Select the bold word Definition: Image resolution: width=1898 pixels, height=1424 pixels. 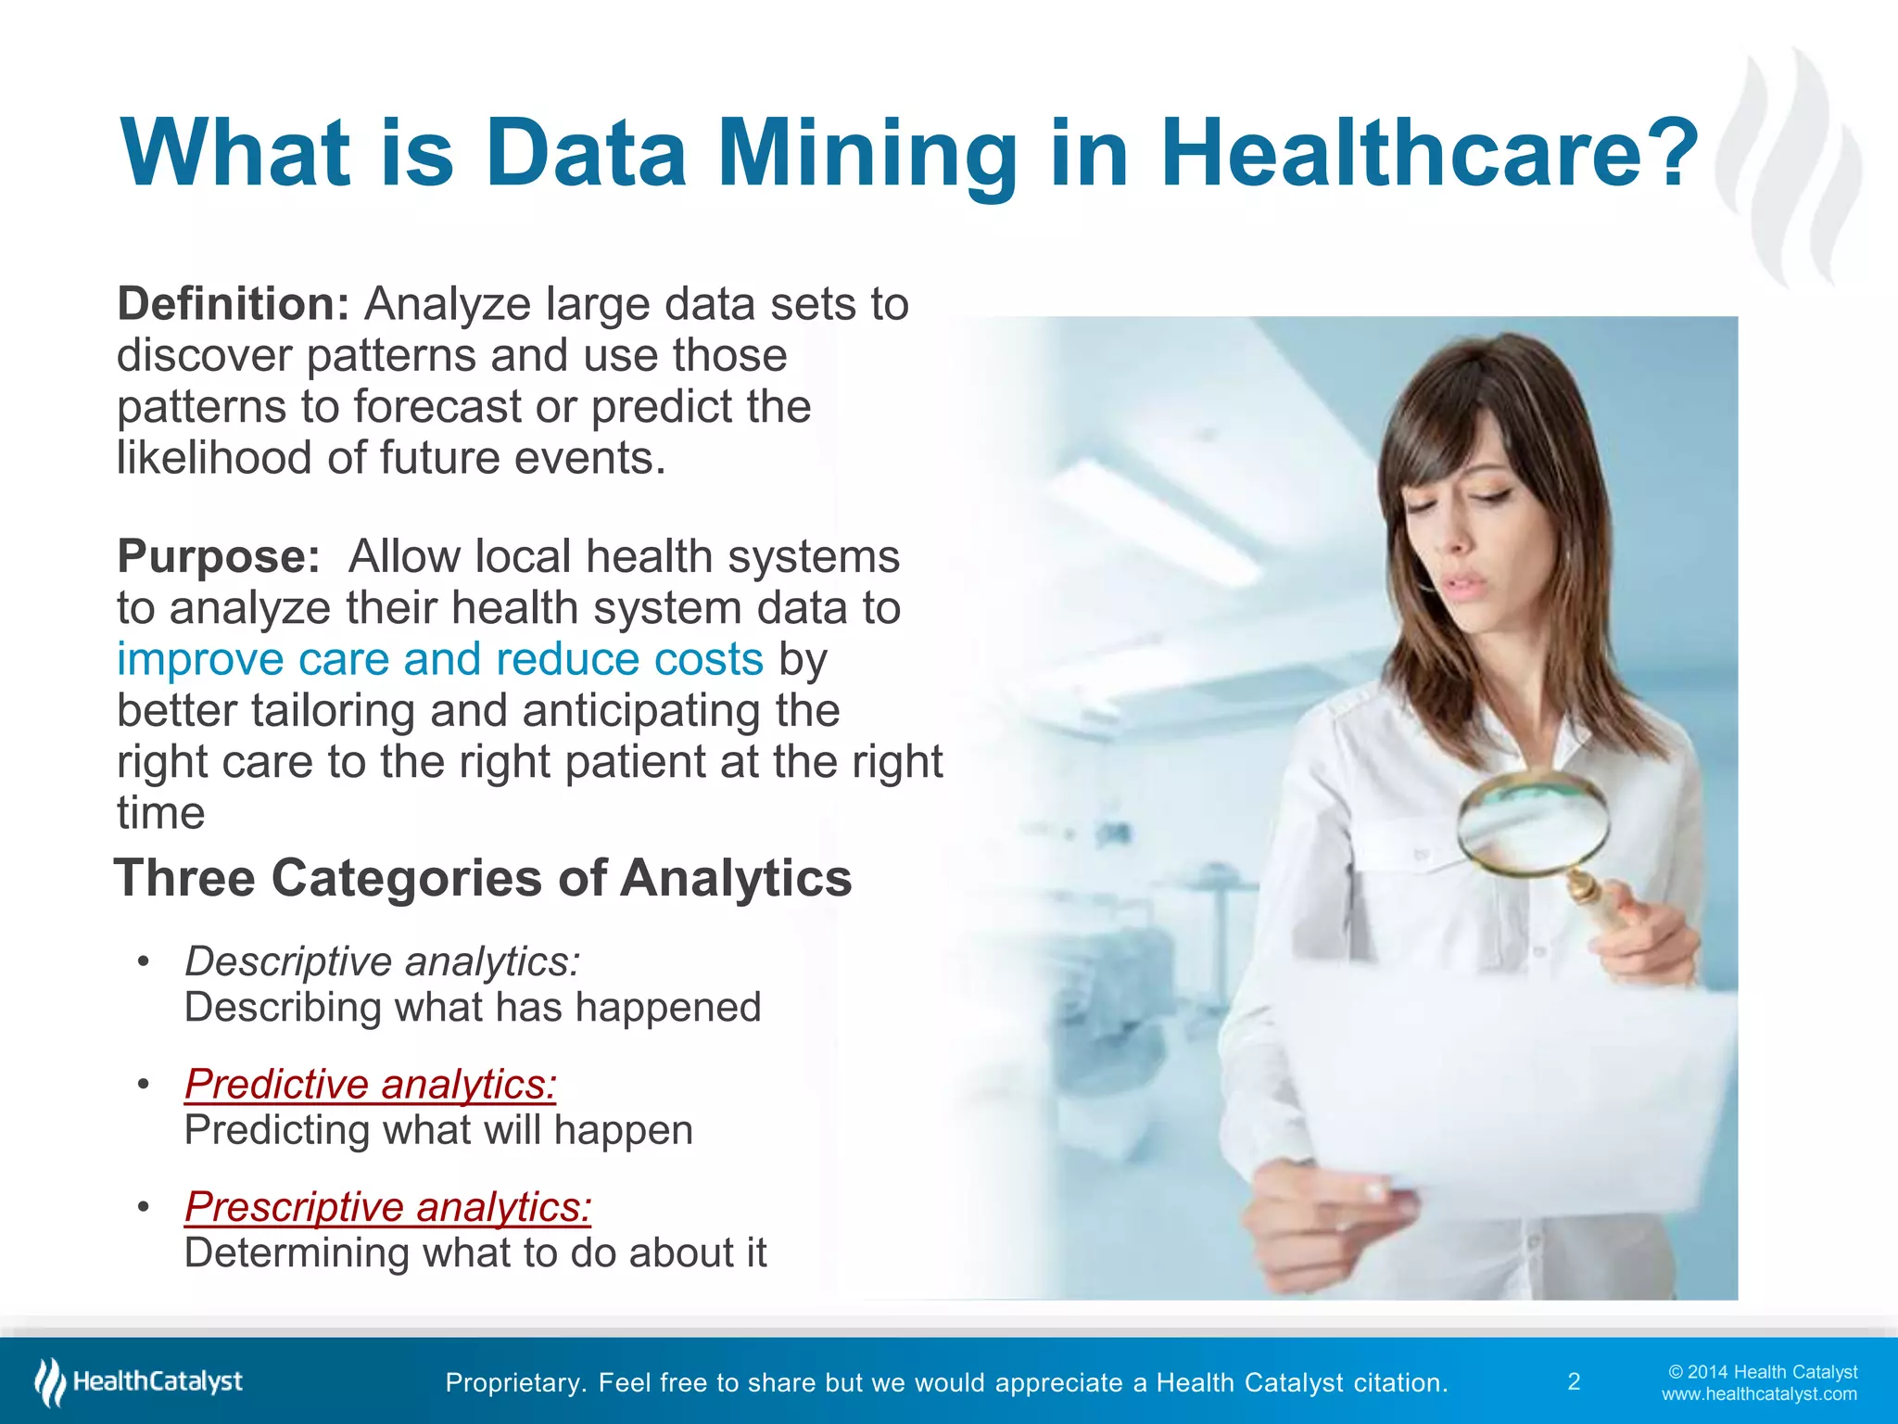point(233,304)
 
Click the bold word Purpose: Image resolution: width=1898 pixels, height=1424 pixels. point(219,557)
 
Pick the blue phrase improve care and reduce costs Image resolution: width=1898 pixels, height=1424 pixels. point(439,659)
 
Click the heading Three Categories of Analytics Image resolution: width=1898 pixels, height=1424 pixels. point(482,878)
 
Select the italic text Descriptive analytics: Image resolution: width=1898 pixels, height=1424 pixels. point(382,961)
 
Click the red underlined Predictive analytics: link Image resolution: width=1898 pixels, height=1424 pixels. point(370,1084)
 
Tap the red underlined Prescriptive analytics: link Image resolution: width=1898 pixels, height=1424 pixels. point(387,1207)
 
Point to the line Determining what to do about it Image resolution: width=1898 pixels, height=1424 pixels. point(474,1252)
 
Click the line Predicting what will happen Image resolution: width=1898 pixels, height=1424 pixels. point(438,1130)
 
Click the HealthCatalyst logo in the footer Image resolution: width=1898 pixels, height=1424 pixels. point(139,1381)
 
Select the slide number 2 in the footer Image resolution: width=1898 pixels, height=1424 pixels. point(1574,1382)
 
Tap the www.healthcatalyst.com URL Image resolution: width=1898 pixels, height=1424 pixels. point(1759,1394)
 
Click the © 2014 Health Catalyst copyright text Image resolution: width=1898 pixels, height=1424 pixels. point(1763,1372)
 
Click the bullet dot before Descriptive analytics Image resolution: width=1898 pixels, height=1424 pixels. point(143,961)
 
